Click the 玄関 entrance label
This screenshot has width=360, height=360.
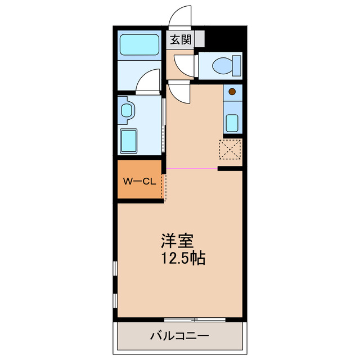181,40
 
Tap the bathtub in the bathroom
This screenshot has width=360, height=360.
139,44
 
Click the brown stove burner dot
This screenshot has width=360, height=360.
232,90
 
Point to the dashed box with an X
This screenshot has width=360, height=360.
230,150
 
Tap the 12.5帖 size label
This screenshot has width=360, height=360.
183,259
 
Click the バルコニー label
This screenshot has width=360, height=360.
179,336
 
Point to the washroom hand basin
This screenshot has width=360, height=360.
127,111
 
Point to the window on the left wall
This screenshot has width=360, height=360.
115,284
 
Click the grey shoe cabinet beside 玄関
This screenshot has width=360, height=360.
199,40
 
